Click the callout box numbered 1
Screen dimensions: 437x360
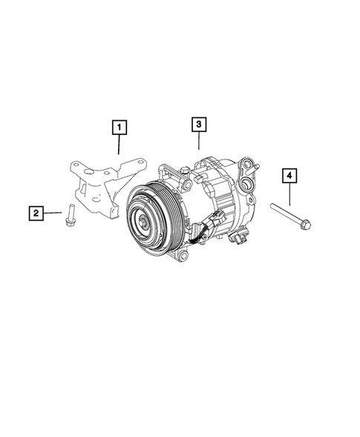coord(117,129)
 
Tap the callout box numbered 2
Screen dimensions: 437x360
coord(36,214)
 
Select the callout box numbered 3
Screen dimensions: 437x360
coord(198,125)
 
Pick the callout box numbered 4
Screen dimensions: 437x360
coord(289,176)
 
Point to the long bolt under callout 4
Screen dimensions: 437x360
coord(289,214)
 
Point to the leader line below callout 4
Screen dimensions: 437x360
coord(289,194)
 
